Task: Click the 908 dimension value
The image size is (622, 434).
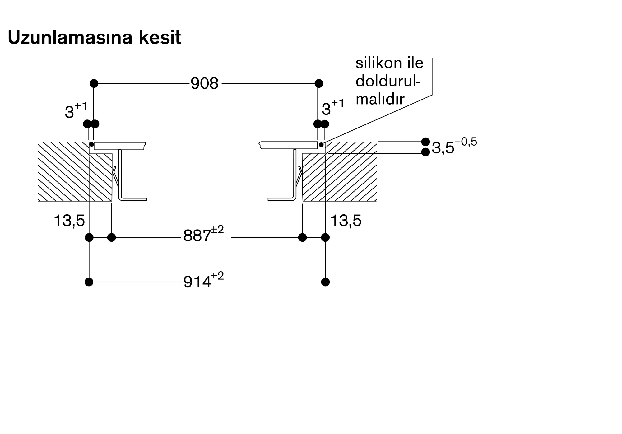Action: coord(204,84)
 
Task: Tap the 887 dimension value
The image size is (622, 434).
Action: coord(197,236)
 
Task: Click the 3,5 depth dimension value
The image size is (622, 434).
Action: coord(443,148)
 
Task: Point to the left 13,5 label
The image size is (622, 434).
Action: coord(69,221)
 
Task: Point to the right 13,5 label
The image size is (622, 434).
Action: coord(346,221)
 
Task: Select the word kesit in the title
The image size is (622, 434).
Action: coord(160,38)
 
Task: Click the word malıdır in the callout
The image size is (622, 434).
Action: coord(380,99)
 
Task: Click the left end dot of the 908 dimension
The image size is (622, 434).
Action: coord(94,83)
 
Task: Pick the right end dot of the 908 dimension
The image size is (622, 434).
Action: coord(319,83)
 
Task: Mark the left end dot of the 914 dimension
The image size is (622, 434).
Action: coord(89,282)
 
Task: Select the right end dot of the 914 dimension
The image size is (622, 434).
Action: coord(325,282)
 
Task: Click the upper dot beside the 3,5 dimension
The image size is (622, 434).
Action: coord(425,142)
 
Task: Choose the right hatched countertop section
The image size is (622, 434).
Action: coord(345,177)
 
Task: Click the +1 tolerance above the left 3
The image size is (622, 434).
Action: coord(81,106)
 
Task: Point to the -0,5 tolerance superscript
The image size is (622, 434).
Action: coord(466,142)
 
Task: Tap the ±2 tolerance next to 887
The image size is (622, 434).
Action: coord(217,230)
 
